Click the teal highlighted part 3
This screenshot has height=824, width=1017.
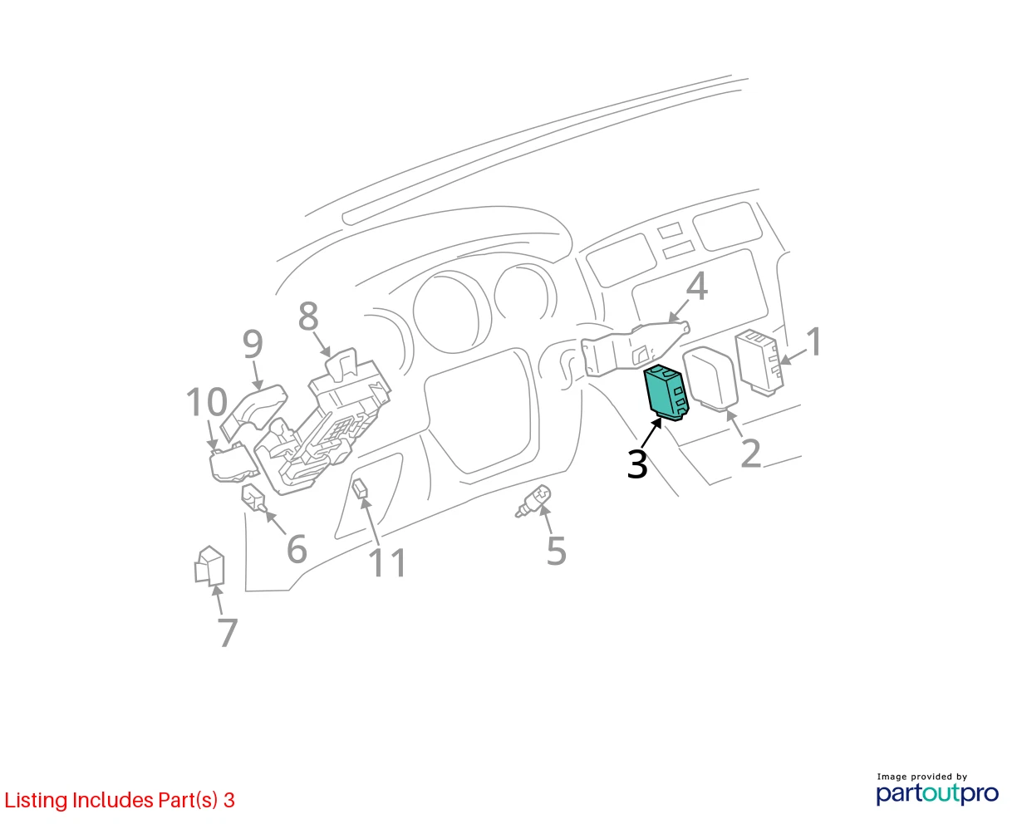(666, 392)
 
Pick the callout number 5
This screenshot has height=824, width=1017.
(556, 551)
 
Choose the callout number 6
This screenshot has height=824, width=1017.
(297, 548)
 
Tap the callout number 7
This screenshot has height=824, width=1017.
(228, 632)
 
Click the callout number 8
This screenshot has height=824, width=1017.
(308, 316)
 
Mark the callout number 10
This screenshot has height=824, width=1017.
(207, 401)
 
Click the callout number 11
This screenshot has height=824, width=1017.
(387, 562)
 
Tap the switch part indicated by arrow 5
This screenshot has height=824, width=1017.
(533, 501)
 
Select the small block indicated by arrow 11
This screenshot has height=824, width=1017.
(361, 488)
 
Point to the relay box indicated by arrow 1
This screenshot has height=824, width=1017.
(759, 362)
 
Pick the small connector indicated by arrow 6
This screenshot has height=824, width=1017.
(253, 498)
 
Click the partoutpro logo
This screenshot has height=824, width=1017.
(936, 793)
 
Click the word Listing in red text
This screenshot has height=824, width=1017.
(37, 801)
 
